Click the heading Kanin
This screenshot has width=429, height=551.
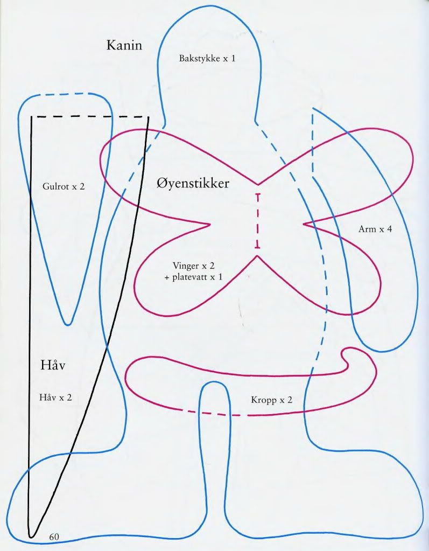[x=125, y=45]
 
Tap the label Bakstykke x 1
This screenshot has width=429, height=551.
[x=207, y=58]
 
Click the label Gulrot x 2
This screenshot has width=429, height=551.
[x=64, y=186]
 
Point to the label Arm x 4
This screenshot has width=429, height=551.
[x=375, y=229]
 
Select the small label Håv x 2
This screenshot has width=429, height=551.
[x=55, y=397]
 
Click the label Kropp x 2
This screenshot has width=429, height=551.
[x=271, y=400]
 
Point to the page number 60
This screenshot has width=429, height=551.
[x=54, y=536]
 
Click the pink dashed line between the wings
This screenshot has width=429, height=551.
[x=258, y=220]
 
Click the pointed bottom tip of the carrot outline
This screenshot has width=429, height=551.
[x=67, y=324]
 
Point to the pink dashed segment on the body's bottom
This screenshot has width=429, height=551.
[x=218, y=414]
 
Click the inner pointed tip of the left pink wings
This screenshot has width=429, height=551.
[x=208, y=224]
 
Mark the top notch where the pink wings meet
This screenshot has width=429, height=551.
[x=257, y=184]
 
